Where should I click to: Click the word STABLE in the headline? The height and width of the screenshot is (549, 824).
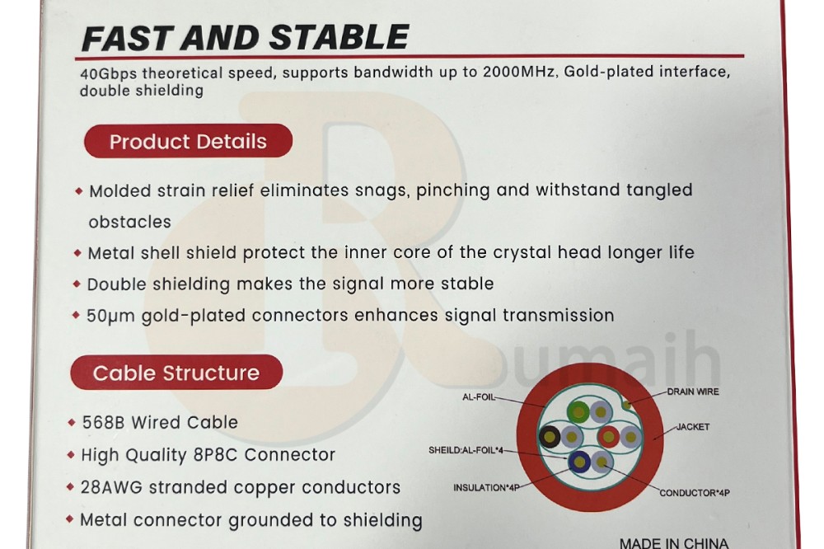[339, 37]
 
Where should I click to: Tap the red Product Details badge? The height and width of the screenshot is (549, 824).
[188, 141]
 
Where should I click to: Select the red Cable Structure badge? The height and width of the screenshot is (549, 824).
[176, 373]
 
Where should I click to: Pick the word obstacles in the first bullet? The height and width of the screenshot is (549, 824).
[130, 222]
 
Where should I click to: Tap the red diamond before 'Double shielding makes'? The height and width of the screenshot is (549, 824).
[77, 284]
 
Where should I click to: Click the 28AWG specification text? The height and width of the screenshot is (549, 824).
[111, 487]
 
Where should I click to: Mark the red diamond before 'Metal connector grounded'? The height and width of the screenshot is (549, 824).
[69, 519]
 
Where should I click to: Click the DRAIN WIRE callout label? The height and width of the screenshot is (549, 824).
[693, 392]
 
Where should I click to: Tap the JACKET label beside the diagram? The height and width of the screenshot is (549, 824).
[693, 427]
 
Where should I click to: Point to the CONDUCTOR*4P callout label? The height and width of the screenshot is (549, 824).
[694, 493]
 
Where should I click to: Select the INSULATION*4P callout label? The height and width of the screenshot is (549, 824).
[487, 487]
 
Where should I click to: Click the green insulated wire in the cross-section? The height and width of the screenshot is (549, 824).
[578, 412]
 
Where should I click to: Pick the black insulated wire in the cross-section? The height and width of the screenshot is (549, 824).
[550, 436]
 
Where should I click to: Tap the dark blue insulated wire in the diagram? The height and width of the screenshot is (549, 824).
[579, 462]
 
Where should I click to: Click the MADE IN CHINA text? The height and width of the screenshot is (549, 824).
[674, 543]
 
